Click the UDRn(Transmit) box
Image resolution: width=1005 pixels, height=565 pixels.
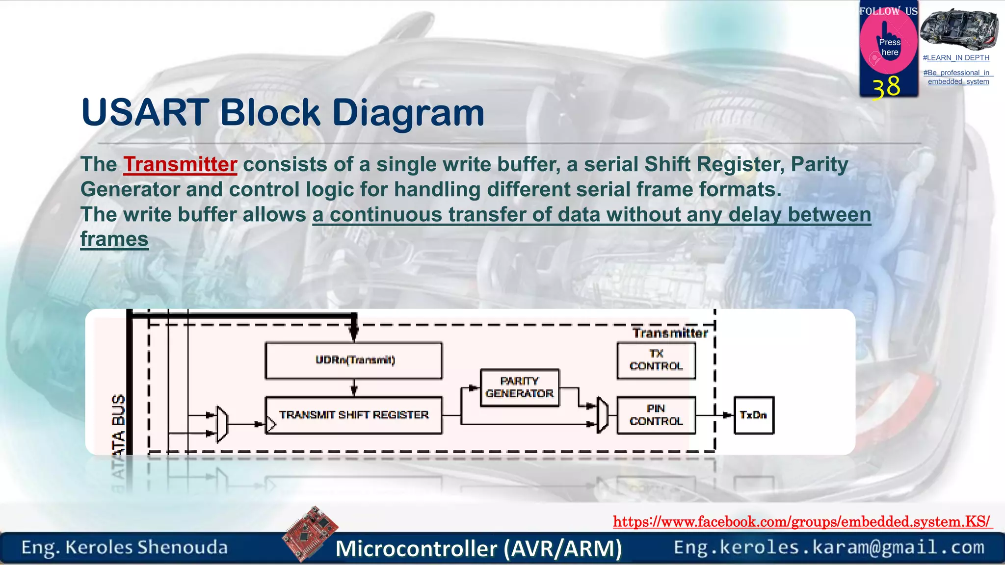[353, 360]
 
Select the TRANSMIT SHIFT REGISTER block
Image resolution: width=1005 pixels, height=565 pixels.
[353, 415]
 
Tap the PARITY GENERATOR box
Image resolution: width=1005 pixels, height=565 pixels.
[520, 387]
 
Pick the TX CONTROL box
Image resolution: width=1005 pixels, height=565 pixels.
[656, 360]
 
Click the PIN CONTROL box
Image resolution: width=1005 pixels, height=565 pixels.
[656, 415]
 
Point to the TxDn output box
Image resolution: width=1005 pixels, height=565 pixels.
[754, 415]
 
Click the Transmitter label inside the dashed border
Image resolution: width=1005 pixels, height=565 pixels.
[670, 334]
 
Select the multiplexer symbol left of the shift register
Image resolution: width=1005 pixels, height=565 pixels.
[222, 424]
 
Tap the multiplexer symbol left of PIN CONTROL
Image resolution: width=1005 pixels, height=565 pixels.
[603, 415]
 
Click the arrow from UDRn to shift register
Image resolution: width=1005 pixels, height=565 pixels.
[354, 388]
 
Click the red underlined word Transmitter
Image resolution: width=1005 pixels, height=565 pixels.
[180, 165]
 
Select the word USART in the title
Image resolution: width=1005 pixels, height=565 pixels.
[145, 113]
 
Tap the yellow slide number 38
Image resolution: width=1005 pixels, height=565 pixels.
[886, 87]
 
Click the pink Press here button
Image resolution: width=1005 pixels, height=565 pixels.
[889, 47]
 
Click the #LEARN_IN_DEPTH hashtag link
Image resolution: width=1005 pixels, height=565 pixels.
[956, 58]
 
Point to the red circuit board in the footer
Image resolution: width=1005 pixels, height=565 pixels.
[311, 533]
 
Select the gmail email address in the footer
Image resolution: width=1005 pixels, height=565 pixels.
[829, 547]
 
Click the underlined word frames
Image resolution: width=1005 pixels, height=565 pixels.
[114, 240]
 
